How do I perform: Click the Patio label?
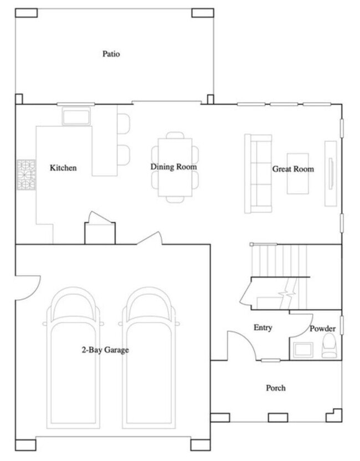[111, 54]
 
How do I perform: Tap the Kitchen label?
[63, 168]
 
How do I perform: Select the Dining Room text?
[174, 167]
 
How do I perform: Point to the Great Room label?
[292, 169]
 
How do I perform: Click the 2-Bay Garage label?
[105, 350]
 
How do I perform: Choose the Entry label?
[263, 327]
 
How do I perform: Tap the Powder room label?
[322, 329]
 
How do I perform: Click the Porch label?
[275, 388]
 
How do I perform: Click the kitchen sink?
[76, 117]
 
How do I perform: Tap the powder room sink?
[303, 350]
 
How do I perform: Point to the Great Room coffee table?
[297, 173]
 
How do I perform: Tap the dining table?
[176, 166]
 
